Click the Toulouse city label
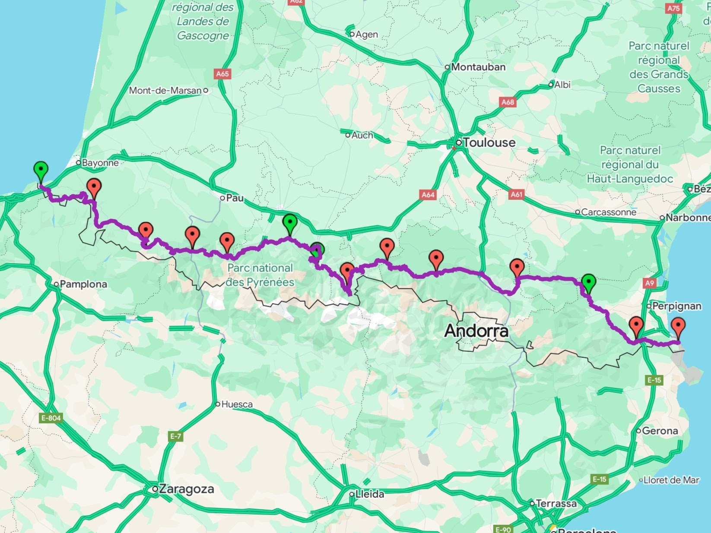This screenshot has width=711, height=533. coord(489,143)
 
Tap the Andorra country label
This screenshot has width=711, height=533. coord(476,331)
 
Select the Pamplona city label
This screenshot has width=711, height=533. coord(83,284)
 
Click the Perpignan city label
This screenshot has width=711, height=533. coord(676,306)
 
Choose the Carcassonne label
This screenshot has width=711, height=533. coord(608,212)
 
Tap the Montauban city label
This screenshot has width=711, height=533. coord(478,67)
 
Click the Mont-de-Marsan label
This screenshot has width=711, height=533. coord(165,91)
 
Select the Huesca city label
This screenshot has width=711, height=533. coord(237,404)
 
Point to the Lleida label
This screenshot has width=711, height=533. coord(369,494)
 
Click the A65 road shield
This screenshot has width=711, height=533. coord(222,74)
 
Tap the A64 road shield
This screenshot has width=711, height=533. coord(428,195)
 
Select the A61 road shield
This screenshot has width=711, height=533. coord(517,194)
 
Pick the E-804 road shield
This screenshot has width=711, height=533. coord(51,418)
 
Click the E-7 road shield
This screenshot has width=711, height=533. coord(176,436)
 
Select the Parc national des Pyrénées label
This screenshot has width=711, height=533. coord(260,275)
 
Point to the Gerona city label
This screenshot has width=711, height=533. coord(660,431)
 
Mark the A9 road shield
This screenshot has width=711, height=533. coord(650,283)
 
